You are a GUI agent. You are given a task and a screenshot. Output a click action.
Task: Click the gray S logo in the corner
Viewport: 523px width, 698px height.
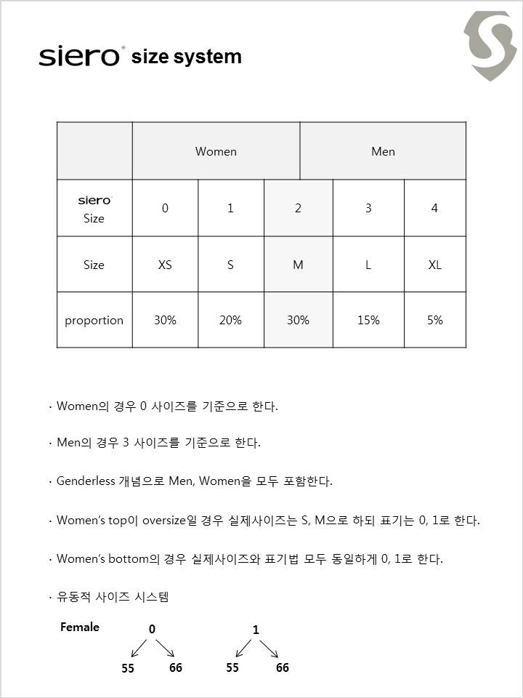[491, 45]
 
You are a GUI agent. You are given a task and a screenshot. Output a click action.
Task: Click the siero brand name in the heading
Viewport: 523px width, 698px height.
[80, 56]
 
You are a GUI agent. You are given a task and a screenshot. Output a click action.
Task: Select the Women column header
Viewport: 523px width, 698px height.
[216, 151]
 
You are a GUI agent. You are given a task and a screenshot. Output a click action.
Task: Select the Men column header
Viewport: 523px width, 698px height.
[383, 151]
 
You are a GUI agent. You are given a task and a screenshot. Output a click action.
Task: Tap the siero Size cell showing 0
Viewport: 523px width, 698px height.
[165, 208]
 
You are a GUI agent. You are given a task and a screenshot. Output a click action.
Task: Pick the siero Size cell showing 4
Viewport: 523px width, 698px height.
[434, 208]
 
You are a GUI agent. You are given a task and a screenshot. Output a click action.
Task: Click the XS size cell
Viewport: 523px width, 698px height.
[165, 265]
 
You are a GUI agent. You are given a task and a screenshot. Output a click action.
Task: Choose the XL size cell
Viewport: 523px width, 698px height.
[434, 265]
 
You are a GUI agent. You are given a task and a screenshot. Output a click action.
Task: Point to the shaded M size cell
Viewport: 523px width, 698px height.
[298, 265]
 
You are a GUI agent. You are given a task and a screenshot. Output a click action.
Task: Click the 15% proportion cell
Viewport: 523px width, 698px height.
[368, 320]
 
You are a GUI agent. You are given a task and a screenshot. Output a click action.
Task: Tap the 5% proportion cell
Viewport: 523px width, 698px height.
[434, 320]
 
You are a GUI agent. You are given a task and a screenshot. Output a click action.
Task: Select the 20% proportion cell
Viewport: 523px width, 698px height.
[230, 320]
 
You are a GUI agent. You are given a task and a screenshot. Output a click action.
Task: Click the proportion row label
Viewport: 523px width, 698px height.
[94, 320]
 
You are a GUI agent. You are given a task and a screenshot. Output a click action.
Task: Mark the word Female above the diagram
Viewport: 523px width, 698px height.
[80, 627]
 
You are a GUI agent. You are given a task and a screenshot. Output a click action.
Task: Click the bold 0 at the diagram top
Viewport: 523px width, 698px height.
[152, 630]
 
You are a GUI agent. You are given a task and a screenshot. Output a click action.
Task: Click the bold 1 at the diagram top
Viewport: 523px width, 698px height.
[256, 630]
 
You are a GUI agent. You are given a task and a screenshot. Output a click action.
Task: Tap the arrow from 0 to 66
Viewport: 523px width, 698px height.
[165, 649]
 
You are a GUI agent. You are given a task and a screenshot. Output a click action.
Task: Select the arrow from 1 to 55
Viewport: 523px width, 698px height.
[243, 649]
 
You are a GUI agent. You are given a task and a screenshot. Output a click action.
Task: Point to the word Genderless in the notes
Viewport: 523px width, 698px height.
[86, 481]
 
